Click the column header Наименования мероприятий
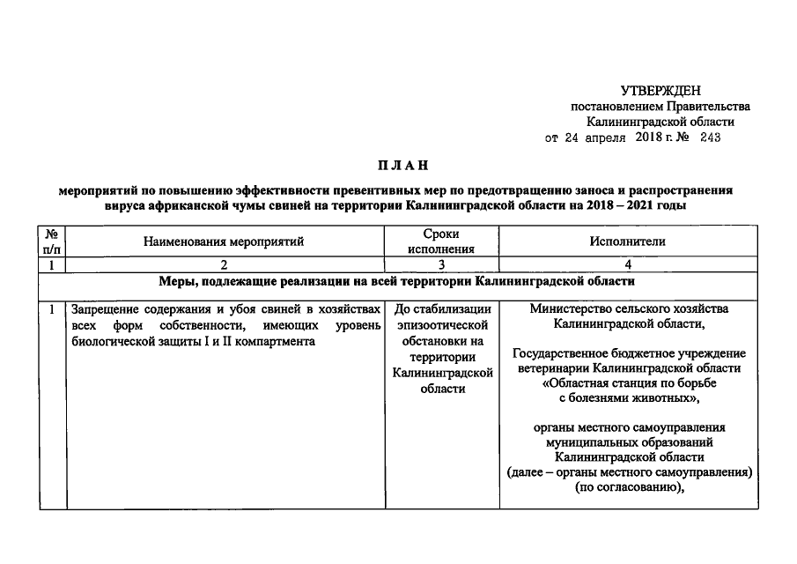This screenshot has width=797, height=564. pyautogui.click(x=224, y=241)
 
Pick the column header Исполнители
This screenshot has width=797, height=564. pyautogui.click(x=628, y=241)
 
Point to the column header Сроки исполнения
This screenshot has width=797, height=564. pyautogui.click(x=442, y=241)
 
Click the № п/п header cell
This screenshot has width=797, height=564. pyautogui.click(x=52, y=241)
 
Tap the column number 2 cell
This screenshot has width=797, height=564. pyautogui.click(x=224, y=265)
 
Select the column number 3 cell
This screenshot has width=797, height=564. pyautogui.click(x=442, y=265)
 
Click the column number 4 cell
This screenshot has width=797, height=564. pyautogui.click(x=628, y=265)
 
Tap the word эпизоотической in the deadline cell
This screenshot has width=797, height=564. pyautogui.click(x=442, y=326)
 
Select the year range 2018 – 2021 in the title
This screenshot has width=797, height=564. pyautogui.click(x=628, y=204)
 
